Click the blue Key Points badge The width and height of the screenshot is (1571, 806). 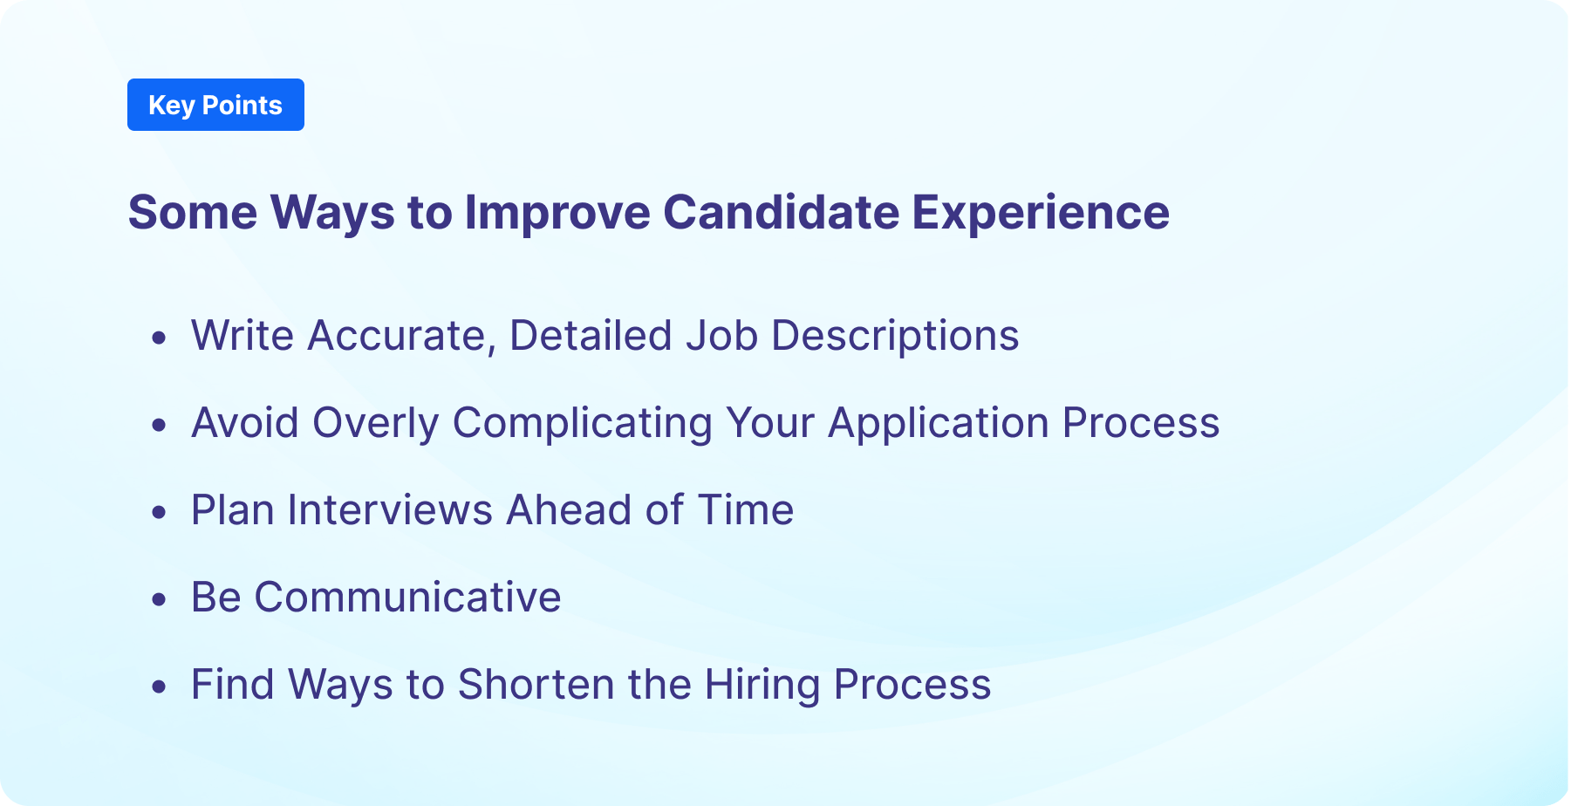pos(215,105)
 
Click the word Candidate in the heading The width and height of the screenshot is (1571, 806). pos(781,212)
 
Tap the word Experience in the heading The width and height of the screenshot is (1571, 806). pos(1040,212)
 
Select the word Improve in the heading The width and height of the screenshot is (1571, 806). pos(557,212)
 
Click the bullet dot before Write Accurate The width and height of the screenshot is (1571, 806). pos(159,338)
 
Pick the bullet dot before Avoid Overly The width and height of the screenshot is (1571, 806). pos(159,425)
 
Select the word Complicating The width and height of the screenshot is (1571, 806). pos(583,423)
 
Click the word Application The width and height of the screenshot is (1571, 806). pos(938,423)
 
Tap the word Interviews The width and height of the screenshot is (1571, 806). pos(390,510)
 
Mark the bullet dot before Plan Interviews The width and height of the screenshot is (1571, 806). pos(159,512)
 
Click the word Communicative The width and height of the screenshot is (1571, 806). pos(407,598)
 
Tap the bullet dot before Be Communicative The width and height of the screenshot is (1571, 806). pos(159,599)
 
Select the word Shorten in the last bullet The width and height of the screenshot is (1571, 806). pos(536,685)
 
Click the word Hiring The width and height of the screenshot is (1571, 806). pos(762,685)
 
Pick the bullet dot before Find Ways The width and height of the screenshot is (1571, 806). pos(159,686)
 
